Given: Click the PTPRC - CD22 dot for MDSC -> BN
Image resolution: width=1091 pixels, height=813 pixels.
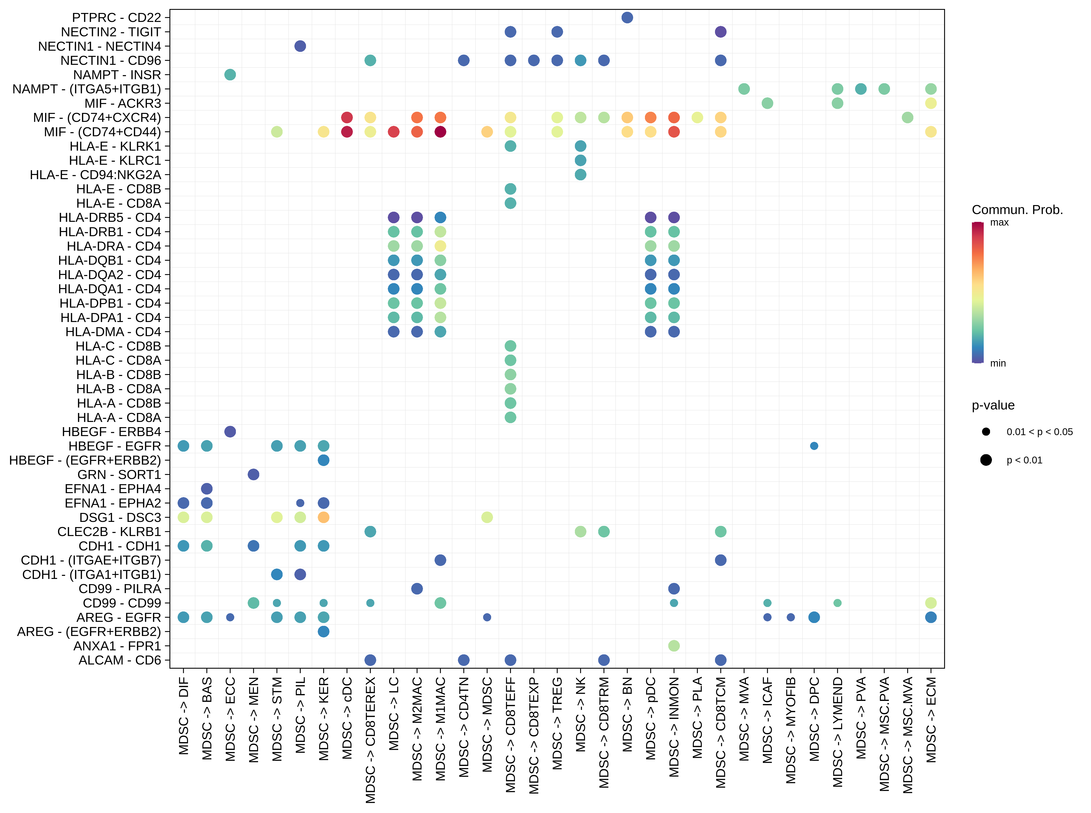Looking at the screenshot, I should point(627,18).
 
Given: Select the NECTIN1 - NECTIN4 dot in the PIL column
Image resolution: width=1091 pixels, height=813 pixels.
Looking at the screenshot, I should point(300,46).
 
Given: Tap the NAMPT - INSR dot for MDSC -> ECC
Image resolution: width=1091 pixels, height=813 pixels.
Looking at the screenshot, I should point(230,75).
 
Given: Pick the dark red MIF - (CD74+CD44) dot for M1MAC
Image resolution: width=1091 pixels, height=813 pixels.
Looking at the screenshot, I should point(440,132).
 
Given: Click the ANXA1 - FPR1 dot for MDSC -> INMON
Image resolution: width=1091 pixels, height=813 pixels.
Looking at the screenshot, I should point(674,646).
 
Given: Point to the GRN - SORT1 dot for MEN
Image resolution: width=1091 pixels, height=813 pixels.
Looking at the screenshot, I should point(253,475).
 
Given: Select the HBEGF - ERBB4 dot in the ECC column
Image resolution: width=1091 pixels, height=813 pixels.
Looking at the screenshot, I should point(230,432).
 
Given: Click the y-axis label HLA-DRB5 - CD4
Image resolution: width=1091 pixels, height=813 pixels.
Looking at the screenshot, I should point(110,218).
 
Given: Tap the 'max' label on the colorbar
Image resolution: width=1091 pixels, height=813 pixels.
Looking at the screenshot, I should point(999,223).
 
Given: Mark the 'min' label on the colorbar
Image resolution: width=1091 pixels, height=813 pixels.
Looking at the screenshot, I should point(998,363).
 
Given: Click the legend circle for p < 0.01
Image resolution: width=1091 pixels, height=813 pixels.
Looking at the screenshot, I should point(986,460).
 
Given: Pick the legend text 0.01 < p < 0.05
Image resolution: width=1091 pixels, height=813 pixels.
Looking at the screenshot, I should point(1039,432).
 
